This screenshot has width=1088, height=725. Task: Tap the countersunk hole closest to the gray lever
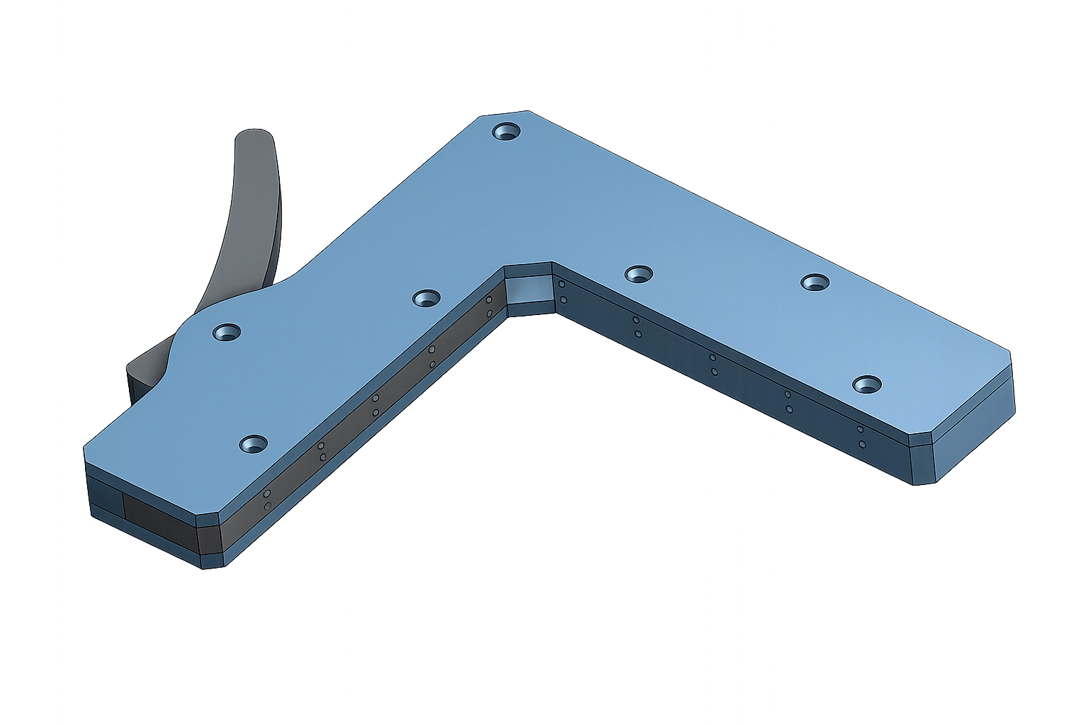tap(227, 332)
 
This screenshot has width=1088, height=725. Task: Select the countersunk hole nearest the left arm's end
tap(253, 445)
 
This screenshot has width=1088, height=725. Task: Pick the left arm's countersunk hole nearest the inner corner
tap(426, 298)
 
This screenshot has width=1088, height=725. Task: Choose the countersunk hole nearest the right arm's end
tap(867, 385)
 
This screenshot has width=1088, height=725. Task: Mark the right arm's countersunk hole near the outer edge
tap(815, 282)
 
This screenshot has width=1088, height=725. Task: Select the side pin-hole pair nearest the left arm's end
tap(267, 499)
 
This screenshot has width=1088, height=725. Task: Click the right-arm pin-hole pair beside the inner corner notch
tap(562, 292)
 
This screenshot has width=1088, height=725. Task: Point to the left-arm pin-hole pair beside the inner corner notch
tap(489, 307)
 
